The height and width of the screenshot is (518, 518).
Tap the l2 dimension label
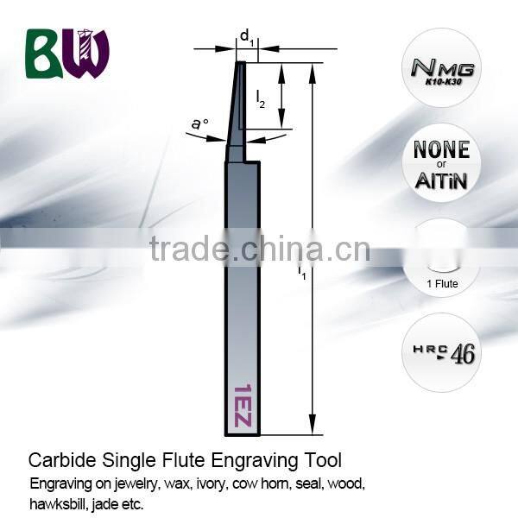coord(262,100)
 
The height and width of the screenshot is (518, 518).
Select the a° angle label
coord(200,125)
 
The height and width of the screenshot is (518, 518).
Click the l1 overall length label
coord(302,275)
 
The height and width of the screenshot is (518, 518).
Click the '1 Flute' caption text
coord(442,283)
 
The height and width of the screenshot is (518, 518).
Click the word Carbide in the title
coord(56,459)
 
